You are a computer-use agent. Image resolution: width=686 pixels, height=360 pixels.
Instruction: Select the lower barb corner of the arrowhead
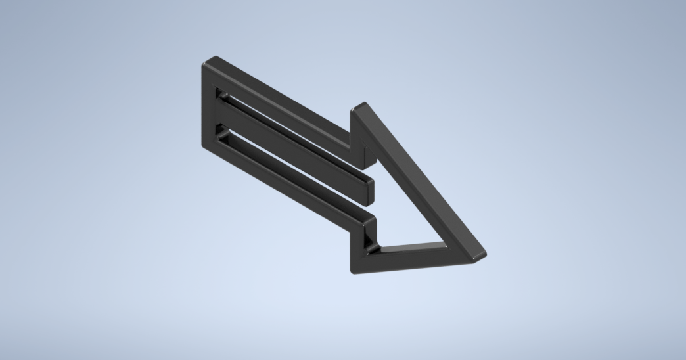pos(355,269)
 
